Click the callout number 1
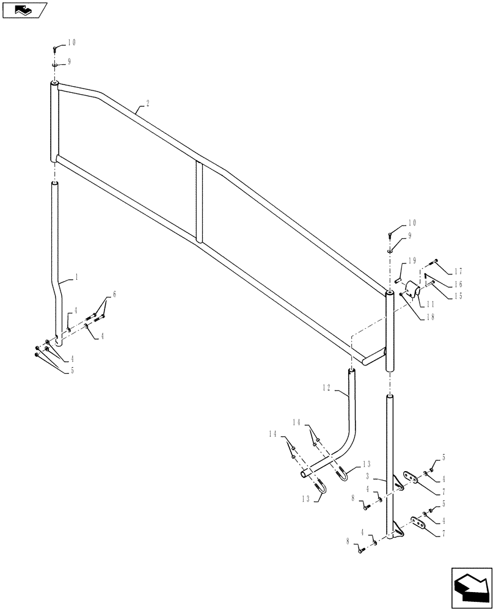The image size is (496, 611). click(x=78, y=277)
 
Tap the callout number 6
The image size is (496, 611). click(x=114, y=295)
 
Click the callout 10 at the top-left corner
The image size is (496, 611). click(x=72, y=42)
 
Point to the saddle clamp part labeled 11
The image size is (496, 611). click(x=410, y=291)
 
